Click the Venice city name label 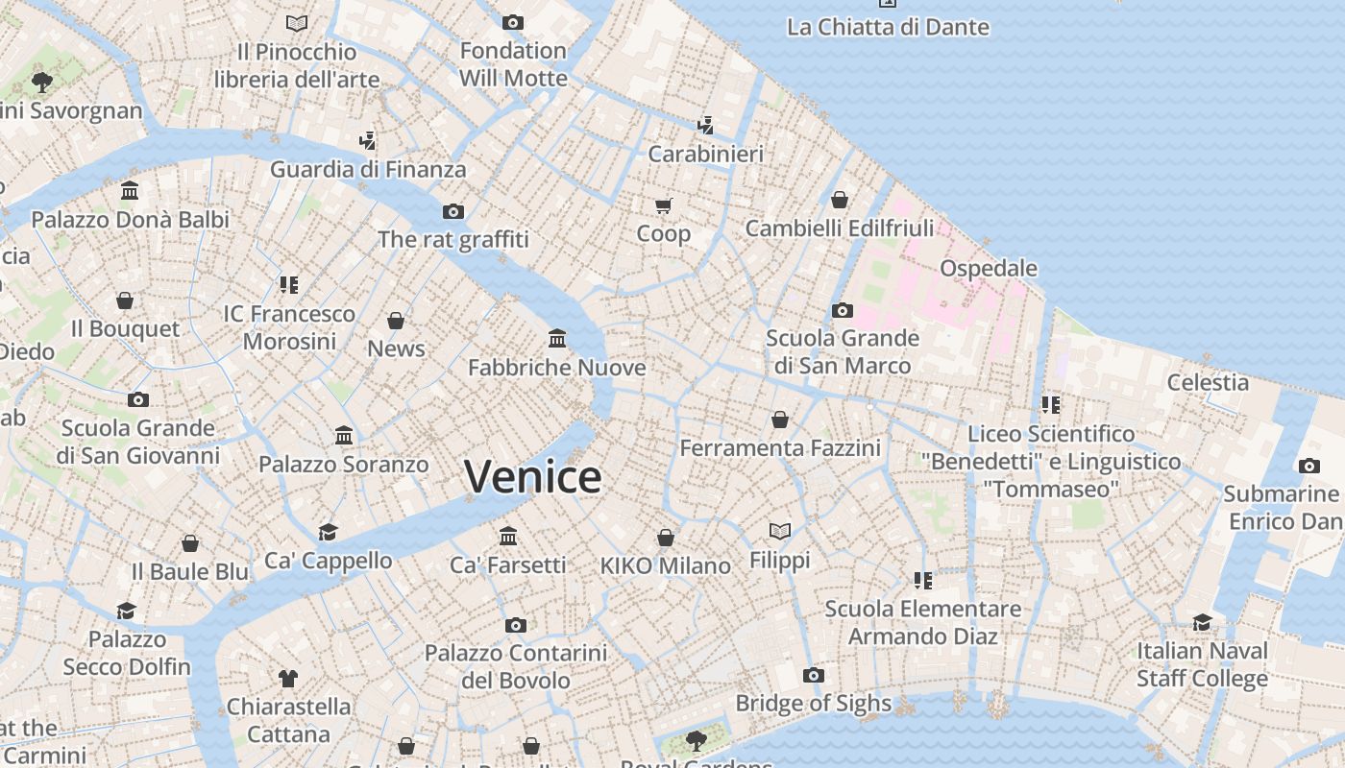pyautogui.click(x=533, y=477)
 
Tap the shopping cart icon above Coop pyautogui.click(x=664, y=205)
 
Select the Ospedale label pyautogui.click(x=989, y=268)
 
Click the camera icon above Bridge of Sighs pyautogui.click(x=813, y=675)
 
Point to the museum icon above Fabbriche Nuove pyautogui.click(x=557, y=338)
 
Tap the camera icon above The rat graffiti pyautogui.click(x=453, y=211)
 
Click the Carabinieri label pyautogui.click(x=706, y=154)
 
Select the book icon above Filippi pyautogui.click(x=780, y=531)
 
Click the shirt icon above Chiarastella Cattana pyautogui.click(x=288, y=678)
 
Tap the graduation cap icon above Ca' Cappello pyautogui.click(x=329, y=532)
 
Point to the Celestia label pyautogui.click(x=1208, y=382)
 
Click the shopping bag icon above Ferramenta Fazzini pyautogui.click(x=780, y=420)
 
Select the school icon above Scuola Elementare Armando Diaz pyautogui.click(x=923, y=580)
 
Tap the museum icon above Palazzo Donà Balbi pyautogui.click(x=130, y=190)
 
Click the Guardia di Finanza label pyautogui.click(x=368, y=170)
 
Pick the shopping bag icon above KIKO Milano pyautogui.click(x=665, y=538)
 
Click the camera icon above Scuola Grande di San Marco pyautogui.click(x=843, y=310)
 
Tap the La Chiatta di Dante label pyautogui.click(x=888, y=27)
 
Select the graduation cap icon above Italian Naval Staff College pyautogui.click(x=1202, y=622)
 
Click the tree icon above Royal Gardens pyautogui.click(x=696, y=740)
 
